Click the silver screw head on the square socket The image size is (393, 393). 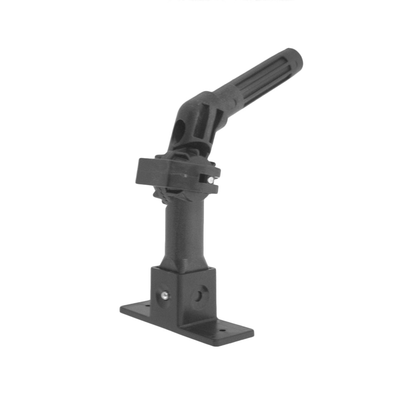[x=165, y=295]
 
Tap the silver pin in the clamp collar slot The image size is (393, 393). [x=212, y=180]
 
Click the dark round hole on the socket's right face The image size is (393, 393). [x=198, y=295]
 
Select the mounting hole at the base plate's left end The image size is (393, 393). [x=146, y=306]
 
